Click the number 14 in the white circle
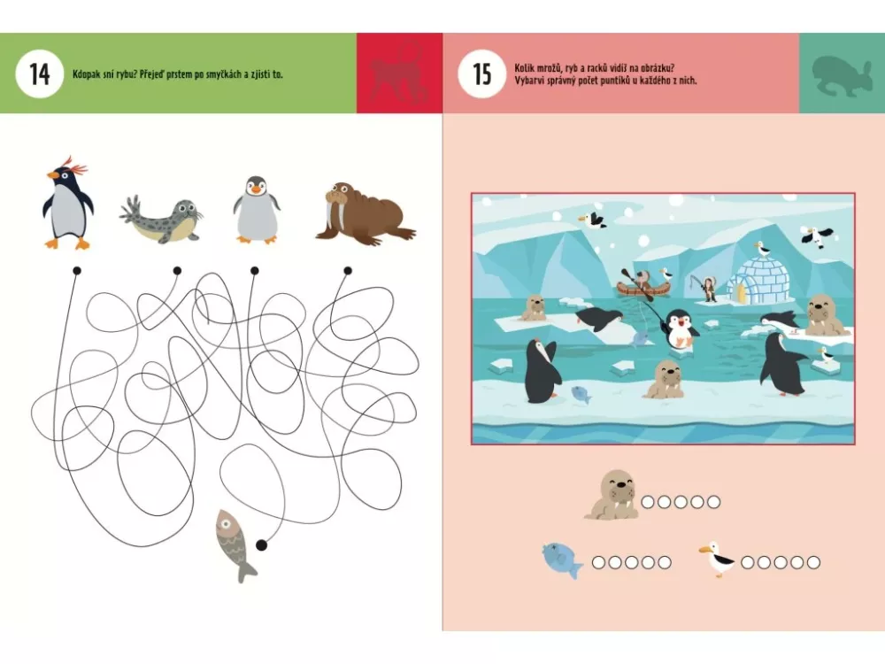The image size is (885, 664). point(40,74)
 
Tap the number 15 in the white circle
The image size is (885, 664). point(481,74)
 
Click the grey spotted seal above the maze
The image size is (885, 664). point(162,219)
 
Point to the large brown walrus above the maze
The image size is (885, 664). point(366,213)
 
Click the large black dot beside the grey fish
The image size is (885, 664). point(261,544)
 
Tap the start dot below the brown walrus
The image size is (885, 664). point(348,271)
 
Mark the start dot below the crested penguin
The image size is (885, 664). point(77,271)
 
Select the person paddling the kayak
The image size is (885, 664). point(643,281)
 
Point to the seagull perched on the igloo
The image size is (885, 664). point(761,248)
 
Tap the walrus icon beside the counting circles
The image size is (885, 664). point(612,495)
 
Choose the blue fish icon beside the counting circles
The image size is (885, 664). point(562,560)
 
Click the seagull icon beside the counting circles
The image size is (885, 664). point(716,559)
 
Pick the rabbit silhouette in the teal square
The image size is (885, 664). point(839,75)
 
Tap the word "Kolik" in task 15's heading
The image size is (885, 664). point(524,68)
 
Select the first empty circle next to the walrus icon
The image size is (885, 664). point(648,501)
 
